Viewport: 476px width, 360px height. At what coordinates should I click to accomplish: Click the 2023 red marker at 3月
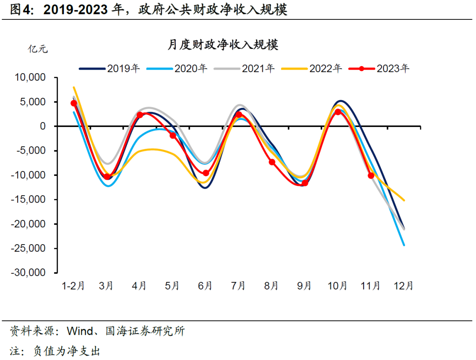click(x=107, y=177)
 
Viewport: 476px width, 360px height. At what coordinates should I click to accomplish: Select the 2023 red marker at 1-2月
click(x=74, y=103)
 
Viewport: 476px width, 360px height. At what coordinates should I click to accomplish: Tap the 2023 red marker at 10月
click(x=338, y=112)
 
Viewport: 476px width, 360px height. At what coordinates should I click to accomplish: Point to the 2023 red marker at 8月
click(x=272, y=162)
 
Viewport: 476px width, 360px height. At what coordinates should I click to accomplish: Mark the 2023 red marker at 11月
click(x=371, y=175)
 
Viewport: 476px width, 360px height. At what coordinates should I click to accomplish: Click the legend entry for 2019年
click(x=110, y=68)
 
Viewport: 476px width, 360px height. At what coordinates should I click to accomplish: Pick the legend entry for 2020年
click(x=177, y=68)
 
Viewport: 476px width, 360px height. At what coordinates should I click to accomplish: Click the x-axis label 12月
click(x=403, y=286)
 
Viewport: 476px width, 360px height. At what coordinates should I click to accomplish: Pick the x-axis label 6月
click(x=205, y=286)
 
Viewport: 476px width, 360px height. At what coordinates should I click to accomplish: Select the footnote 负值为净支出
click(x=67, y=351)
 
